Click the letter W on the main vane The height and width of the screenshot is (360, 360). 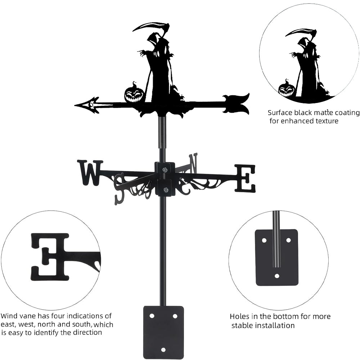90,173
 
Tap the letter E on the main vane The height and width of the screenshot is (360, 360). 245,178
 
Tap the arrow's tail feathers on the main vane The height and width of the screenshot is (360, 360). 237,104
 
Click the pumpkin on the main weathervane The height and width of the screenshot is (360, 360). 134,94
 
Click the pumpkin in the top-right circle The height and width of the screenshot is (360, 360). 287,89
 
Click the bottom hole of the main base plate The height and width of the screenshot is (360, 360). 163,349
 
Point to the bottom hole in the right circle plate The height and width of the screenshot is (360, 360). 276,276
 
